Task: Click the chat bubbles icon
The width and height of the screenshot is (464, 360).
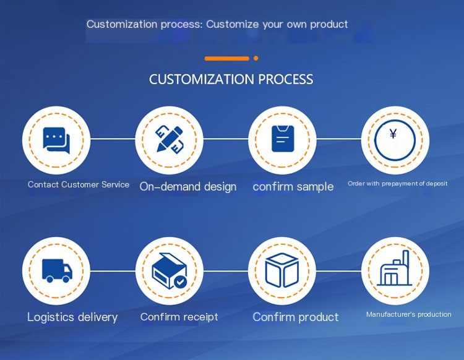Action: (x=56, y=140)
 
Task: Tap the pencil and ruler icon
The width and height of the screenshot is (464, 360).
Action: (x=170, y=139)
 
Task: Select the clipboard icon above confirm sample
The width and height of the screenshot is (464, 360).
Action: (x=283, y=139)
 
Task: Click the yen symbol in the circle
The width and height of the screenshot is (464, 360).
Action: (x=393, y=134)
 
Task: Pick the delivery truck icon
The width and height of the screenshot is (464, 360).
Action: (x=57, y=271)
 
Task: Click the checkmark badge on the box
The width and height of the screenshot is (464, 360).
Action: (x=180, y=281)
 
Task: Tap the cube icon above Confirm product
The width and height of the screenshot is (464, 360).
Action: (x=282, y=270)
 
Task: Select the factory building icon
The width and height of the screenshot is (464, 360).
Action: (x=394, y=268)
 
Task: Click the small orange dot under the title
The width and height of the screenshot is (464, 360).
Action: (x=256, y=58)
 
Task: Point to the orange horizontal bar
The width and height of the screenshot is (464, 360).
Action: (x=226, y=59)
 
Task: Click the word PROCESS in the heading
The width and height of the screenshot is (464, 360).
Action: (x=286, y=79)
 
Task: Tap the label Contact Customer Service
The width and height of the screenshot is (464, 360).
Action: (x=79, y=184)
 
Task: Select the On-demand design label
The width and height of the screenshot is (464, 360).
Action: (x=188, y=187)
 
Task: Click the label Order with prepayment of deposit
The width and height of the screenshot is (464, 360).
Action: (x=397, y=184)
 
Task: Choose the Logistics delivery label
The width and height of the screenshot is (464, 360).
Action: (x=72, y=317)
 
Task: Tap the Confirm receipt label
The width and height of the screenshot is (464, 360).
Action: (x=179, y=317)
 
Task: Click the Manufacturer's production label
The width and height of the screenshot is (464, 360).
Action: (x=409, y=314)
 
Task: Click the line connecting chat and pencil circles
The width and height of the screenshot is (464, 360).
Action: (x=113, y=139)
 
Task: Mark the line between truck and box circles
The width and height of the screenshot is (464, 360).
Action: (x=113, y=271)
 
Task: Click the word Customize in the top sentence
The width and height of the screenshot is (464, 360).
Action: (x=233, y=24)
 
